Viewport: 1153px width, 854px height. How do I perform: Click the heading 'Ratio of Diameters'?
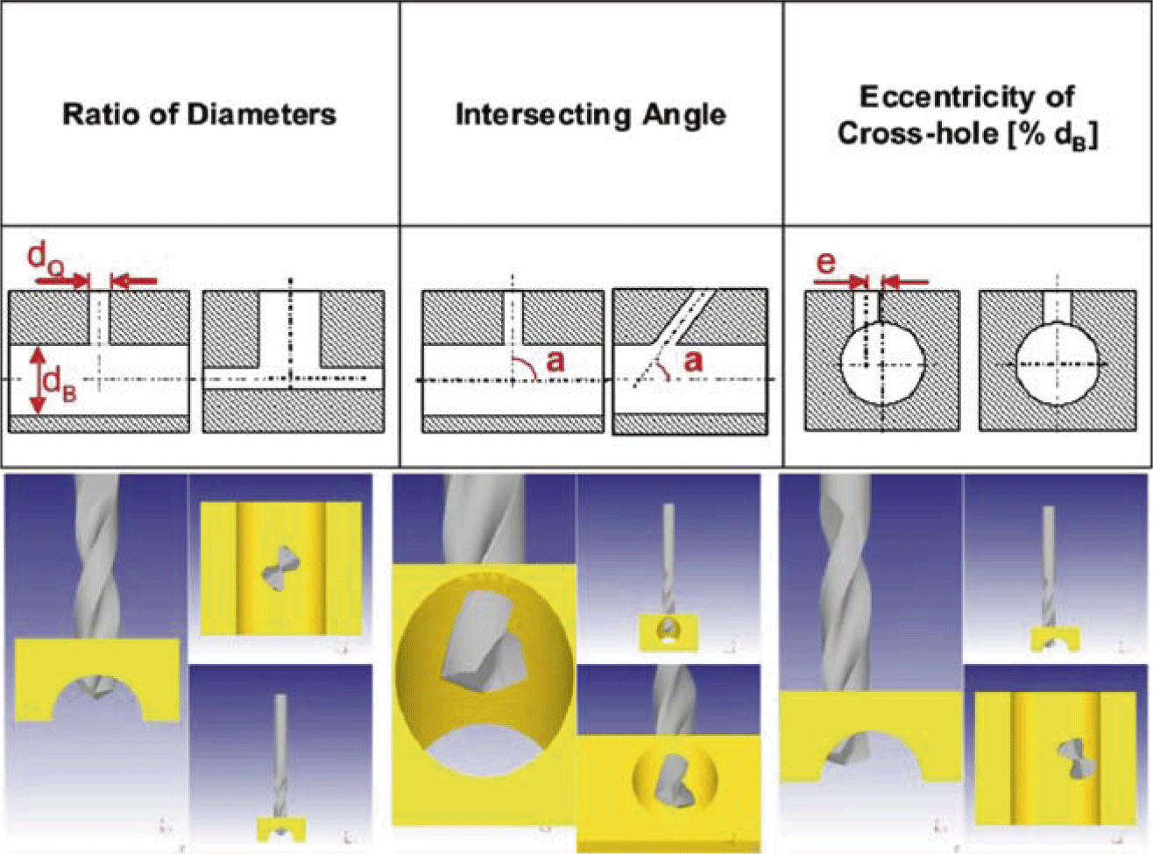click(199, 115)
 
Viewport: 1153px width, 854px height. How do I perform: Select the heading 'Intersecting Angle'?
click(590, 115)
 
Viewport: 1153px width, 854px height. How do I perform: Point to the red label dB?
click(60, 385)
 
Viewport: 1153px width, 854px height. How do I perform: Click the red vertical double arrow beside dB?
click(37, 379)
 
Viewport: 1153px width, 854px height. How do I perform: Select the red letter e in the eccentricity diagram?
click(825, 262)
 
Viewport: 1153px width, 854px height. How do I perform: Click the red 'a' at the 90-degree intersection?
click(555, 360)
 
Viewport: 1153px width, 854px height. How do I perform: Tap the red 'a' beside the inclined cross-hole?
click(692, 360)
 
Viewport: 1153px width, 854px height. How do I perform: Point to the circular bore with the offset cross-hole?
click(881, 363)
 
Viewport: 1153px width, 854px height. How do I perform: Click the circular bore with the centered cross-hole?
click(1056, 363)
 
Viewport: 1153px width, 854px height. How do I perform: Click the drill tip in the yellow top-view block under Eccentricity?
click(1071, 758)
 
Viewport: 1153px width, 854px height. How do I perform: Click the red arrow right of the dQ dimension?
click(136, 281)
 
